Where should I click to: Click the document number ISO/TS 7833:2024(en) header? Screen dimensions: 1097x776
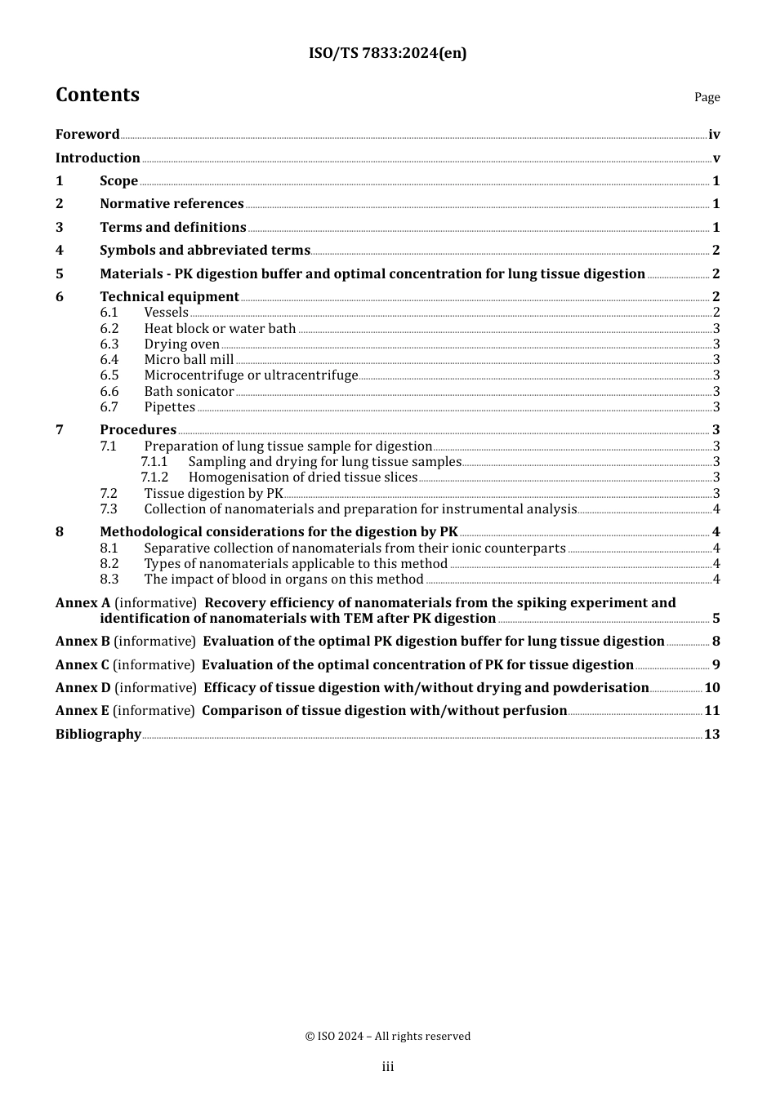[x=387, y=54]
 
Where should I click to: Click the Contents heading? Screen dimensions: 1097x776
[x=97, y=95]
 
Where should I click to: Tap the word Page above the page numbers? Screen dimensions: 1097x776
[x=707, y=97]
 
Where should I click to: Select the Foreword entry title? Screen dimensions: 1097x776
[x=87, y=135]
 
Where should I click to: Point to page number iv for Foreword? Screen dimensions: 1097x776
[x=714, y=135]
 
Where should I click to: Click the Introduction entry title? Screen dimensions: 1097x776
[x=98, y=158]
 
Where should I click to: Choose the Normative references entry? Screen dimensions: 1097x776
[x=172, y=204]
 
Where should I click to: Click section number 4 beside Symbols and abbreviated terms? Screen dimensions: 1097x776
[x=60, y=251]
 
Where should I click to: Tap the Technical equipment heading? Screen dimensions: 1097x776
[x=169, y=297]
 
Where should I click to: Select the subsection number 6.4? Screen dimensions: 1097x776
[x=109, y=360]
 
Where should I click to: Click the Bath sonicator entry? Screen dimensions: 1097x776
[x=189, y=392]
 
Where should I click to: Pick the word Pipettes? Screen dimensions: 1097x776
[x=170, y=407]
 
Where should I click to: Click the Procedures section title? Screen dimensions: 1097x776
[x=138, y=430]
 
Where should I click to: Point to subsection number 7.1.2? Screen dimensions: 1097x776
[x=154, y=477]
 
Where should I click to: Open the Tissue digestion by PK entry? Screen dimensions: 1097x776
[x=213, y=493]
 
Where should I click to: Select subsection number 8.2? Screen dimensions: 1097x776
[x=109, y=564]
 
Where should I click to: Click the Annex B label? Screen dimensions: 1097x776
[x=83, y=642]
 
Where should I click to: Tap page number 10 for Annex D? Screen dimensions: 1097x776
[x=712, y=688]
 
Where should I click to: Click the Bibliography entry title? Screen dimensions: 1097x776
[x=98, y=735]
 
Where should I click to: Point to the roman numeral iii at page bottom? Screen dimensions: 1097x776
[x=388, y=1067]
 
